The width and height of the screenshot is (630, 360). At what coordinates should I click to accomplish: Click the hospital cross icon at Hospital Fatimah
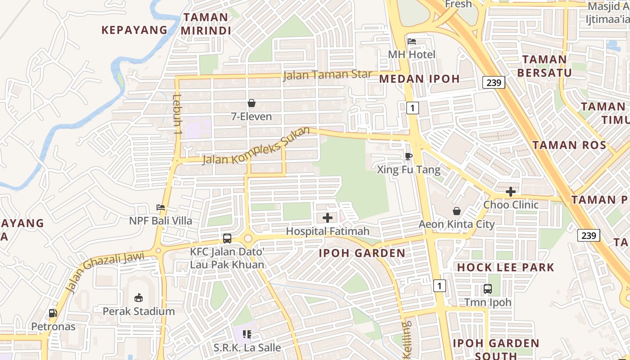click(x=328, y=218)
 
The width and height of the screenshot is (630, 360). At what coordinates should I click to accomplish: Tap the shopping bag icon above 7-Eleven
click(x=252, y=103)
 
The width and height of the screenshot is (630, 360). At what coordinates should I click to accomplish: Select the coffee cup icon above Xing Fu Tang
click(x=408, y=156)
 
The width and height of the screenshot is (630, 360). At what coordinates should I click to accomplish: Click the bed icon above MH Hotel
click(x=412, y=41)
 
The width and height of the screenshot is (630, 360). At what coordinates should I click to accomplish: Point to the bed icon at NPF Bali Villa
click(x=161, y=207)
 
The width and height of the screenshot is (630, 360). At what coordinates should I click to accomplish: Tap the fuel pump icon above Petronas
click(x=53, y=313)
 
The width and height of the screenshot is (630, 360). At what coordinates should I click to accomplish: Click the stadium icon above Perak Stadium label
click(x=139, y=297)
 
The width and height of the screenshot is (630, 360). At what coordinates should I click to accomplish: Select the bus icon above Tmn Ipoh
click(x=488, y=289)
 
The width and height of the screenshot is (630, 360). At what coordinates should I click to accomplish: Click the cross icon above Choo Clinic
click(x=510, y=192)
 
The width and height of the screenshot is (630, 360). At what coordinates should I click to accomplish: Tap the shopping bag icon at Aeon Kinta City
click(x=457, y=211)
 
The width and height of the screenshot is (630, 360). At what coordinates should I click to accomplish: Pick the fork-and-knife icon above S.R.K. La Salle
click(x=247, y=334)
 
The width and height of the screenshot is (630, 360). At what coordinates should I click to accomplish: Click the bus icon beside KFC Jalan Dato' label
click(x=227, y=238)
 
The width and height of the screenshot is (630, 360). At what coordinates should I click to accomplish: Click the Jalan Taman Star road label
click(x=327, y=74)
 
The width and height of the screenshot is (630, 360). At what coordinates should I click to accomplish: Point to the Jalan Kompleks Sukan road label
click(x=256, y=146)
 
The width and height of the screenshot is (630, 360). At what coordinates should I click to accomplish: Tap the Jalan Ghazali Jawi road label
click(x=105, y=271)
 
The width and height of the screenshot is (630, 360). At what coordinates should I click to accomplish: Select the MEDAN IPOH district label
click(x=419, y=79)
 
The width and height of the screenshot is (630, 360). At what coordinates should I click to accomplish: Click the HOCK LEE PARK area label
click(x=506, y=267)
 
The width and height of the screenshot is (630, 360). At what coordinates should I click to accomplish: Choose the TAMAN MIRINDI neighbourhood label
click(x=206, y=24)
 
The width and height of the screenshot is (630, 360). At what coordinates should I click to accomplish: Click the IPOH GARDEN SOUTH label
click(x=496, y=349)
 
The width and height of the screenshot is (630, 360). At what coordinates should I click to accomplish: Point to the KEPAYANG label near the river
click(x=134, y=30)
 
